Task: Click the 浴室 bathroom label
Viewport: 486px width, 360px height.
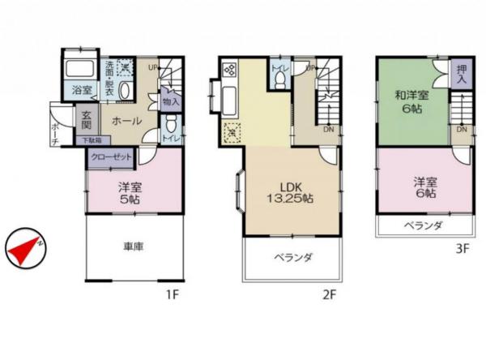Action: [x=82, y=90]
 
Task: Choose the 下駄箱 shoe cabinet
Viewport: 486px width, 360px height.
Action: [x=92, y=140]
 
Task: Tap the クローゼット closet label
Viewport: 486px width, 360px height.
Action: [x=111, y=158]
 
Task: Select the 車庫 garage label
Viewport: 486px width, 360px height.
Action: [x=133, y=246]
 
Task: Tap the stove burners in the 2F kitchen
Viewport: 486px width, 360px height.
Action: [x=228, y=70]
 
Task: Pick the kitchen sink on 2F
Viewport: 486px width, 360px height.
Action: [x=228, y=100]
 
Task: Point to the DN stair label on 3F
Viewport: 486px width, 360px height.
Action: [x=461, y=130]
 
